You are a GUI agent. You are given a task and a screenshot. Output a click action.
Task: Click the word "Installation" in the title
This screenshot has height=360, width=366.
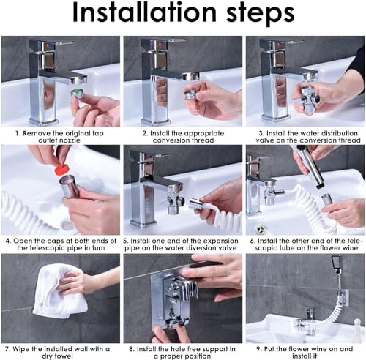[144, 12]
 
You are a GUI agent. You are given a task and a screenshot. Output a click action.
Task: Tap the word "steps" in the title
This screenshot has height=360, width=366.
[261, 14]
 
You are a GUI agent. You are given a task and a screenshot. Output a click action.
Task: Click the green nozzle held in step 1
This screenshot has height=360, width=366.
[78, 94]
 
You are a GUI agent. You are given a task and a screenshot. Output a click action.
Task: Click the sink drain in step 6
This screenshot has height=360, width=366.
[261, 229]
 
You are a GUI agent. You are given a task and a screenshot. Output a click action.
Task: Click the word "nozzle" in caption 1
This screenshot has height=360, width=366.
[70, 140]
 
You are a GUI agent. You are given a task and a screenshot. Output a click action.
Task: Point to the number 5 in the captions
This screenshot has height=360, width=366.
[126, 241]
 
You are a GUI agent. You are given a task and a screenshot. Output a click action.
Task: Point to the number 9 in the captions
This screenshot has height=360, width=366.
[258, 349]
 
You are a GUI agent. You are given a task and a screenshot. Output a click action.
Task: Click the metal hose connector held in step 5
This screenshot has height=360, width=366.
[196, 203]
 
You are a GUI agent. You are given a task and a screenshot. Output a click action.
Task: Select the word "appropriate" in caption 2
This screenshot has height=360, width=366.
[204, 133]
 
